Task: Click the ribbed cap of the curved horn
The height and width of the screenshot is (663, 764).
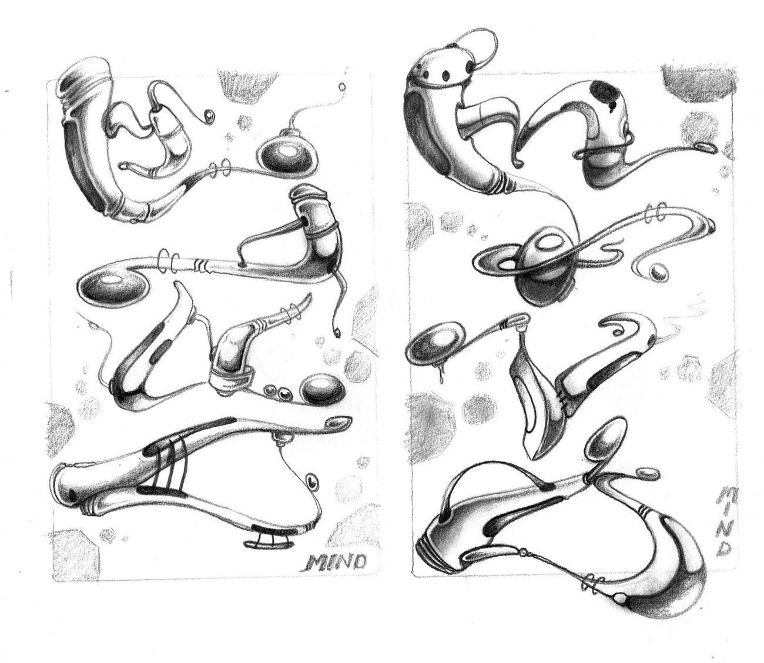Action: (x=88, y=78)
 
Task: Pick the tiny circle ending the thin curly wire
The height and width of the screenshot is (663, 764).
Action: (x=342, y=88)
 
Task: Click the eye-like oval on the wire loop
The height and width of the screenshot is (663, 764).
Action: (x=313, y=481)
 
